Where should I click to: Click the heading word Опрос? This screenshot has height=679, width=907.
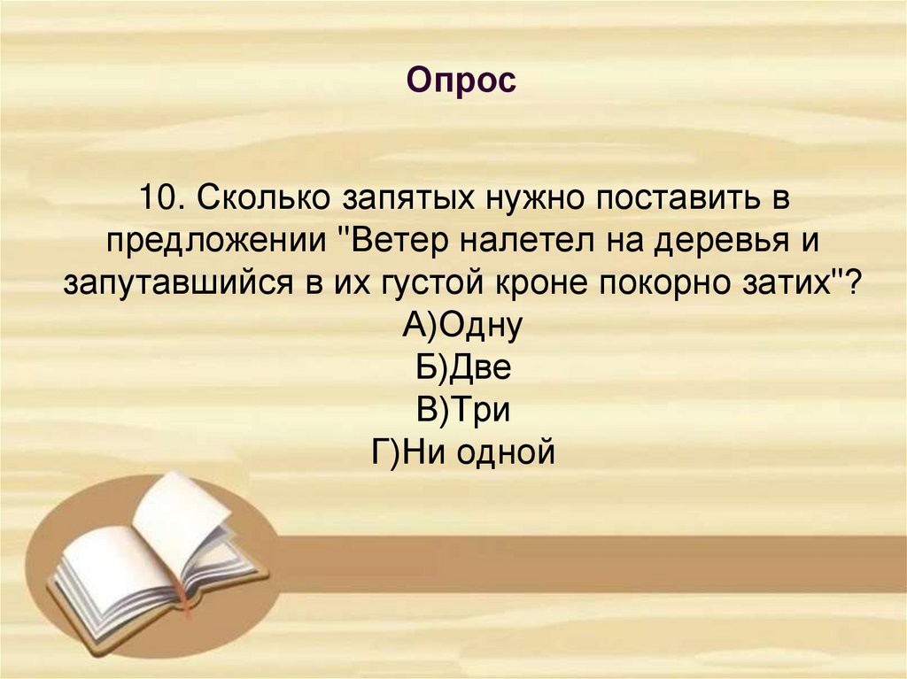pyautogui.click(x=461, y=81)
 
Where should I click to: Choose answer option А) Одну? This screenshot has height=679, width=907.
pyautogui.click(x=462, y=327)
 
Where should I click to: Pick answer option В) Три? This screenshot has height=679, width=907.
pyautogui.click(x=462, y=410)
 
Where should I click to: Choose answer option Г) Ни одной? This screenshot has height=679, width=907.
pyautogui.click(x=462, y=452)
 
